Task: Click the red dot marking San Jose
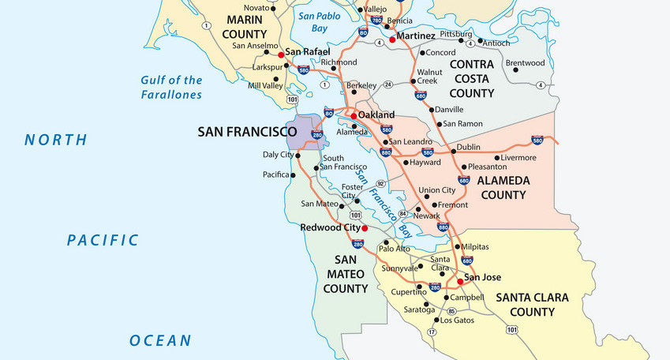(x=459, y=280)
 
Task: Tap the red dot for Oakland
(x=354, y=116)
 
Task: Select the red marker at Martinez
(x=392, y=39)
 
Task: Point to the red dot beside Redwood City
(x=364, y=228)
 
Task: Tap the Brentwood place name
(x=525, y=63)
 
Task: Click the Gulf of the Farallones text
(x=171, y=87)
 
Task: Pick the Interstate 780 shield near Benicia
(x=376, y=21)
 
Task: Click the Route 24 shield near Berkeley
(x=387, y=84)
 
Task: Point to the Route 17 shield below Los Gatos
(x=432, y=332)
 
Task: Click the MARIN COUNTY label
(x=245, y=26)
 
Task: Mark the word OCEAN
(x=160, y=341)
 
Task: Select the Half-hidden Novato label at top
(x=255, y=7)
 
